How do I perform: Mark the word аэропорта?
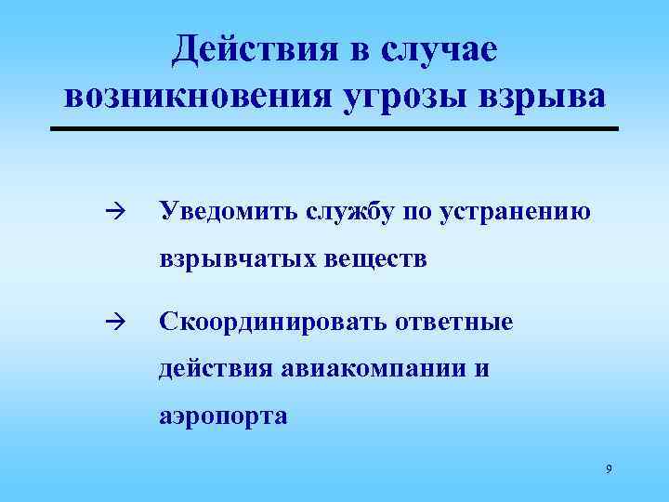[223, 416]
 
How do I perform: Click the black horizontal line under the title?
[334, 127]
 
